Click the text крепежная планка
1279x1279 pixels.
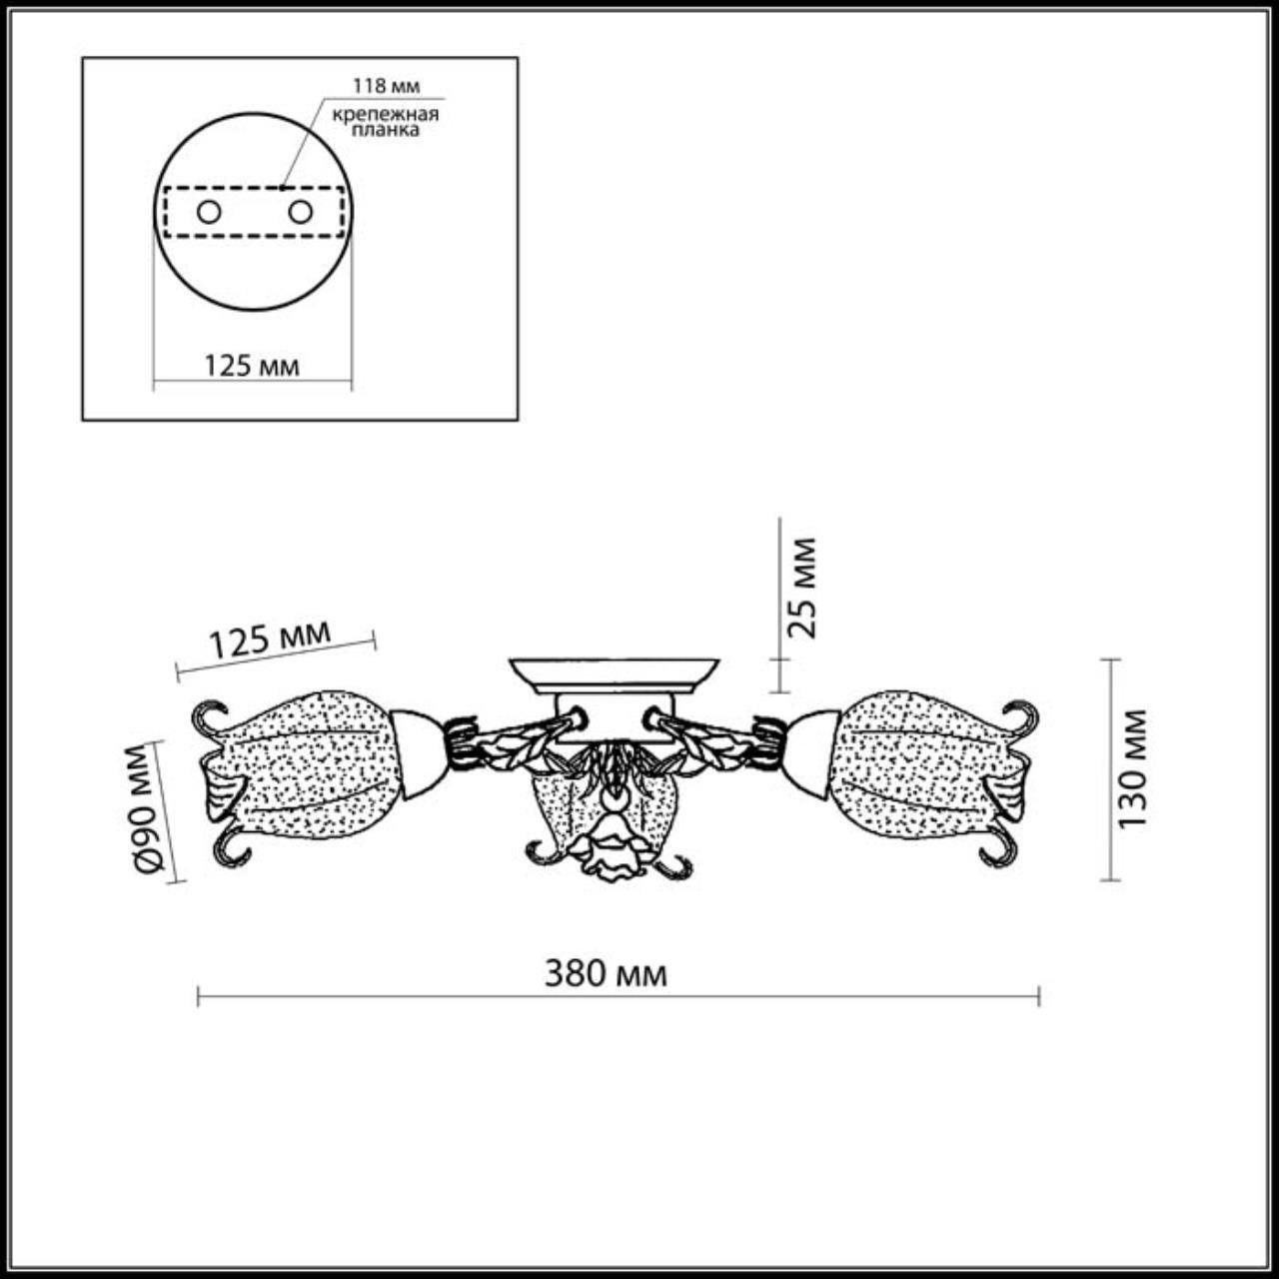coord(386,122)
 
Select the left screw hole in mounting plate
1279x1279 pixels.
coord(209,212)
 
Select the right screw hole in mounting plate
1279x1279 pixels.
coord(300,212)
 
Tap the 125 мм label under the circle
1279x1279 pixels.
coord(252,366)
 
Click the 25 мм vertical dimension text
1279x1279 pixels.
coord(801,588)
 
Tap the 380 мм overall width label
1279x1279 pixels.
coord(606,972)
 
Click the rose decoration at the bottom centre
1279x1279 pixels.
coord(605,856)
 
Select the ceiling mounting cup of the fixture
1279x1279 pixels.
coord(613,674)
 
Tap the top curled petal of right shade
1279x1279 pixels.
coord(1023,715)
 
